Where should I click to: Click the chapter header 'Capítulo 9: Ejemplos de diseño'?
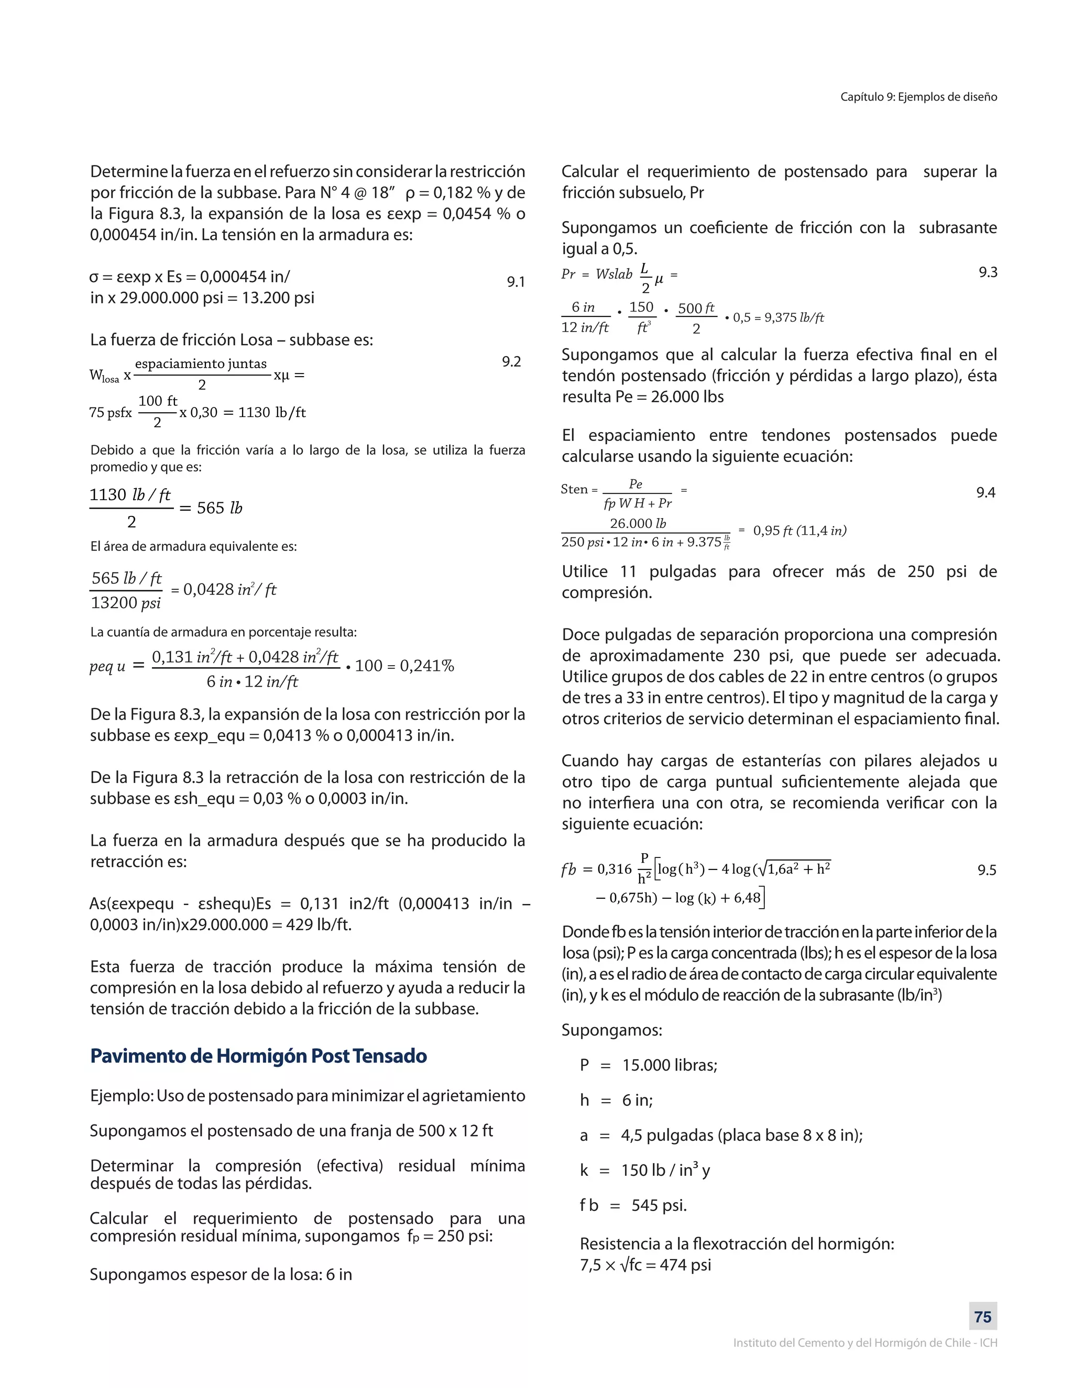point(918,96)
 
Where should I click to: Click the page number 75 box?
point(983,1317)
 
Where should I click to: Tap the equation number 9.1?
point(516,282)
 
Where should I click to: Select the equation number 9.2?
point(511,361)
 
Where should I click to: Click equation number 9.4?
point(986,492)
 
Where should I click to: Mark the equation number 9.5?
point(986,870)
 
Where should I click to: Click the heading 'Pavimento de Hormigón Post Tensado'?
point(258,1055)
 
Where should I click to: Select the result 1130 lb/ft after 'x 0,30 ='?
point(272,412)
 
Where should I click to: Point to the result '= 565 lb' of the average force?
point(211,508)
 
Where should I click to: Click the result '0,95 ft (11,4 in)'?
point(799,531)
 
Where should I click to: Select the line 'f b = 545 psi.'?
point(632,1205)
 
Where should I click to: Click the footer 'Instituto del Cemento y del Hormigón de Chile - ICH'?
point(864,1343)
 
